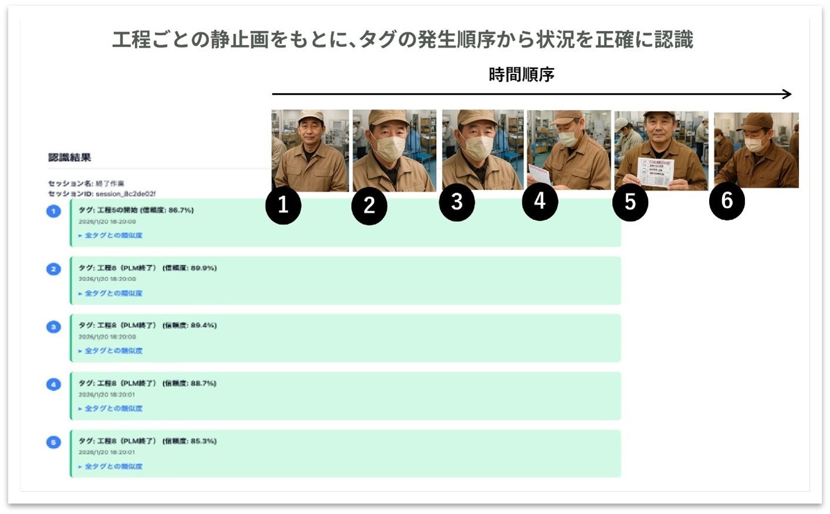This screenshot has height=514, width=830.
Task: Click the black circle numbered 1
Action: click(x=283, y=206)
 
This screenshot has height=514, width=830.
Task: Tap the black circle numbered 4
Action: click(x=539, y=202)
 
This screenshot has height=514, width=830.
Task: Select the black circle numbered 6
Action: click(x=727, y=201)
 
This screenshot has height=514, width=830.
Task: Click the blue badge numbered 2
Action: click(x=53, y=269)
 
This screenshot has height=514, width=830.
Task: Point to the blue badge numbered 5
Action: click(x=53, y=442)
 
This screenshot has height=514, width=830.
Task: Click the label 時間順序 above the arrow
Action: click(x=521, y=75)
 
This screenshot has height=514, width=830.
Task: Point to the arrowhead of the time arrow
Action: click(x=788, y=94)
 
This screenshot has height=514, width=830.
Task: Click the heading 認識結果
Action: click(x=69, y=157)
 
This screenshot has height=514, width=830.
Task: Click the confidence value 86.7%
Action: click(x=180, y=210)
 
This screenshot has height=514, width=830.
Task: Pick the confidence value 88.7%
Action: click(x=203, y=383)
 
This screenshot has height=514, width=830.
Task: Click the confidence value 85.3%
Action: click(x=203, y=441)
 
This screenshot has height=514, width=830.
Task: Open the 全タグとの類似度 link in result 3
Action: click(x=113, y=351)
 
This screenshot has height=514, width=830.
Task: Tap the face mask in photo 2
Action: click(x=389, y=148)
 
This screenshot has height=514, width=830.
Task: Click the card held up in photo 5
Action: click(x=655, y=173)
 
